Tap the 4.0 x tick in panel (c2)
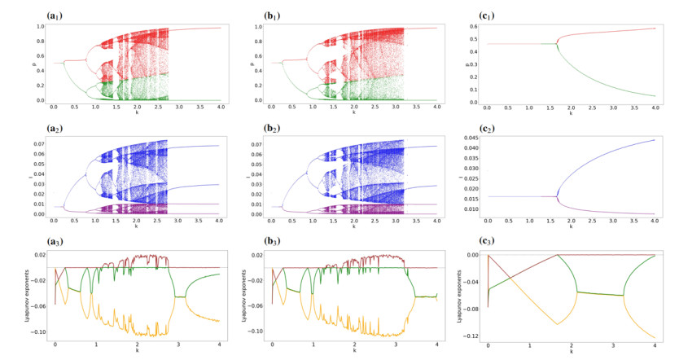click(x=655, y=223)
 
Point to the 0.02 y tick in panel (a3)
click(x=38, y=256)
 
